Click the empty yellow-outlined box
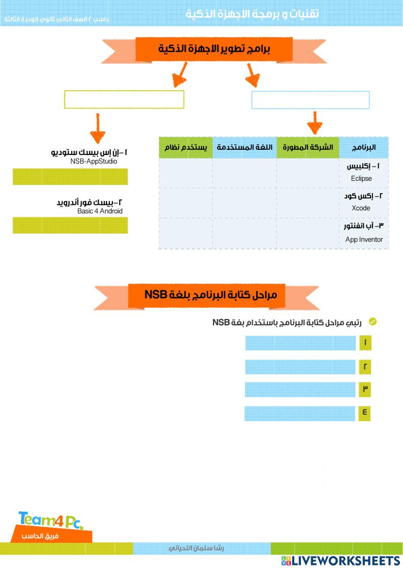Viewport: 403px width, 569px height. (x=124, y=99)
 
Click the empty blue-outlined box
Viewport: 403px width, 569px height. (x=310, y=100)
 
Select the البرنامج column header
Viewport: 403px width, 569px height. (x=364, y=147)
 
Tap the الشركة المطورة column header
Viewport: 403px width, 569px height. (x=308, y=147)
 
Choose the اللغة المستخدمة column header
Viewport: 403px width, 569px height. (x=245, y=147)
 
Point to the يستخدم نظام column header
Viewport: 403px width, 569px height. (x=186, y=147)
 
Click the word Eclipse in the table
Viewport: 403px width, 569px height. (x=361, y=178)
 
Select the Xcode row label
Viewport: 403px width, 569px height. (x=361, y=208)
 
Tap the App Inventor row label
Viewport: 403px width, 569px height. (x=364, y=240)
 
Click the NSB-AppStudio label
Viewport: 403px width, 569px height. (x=93, y=161)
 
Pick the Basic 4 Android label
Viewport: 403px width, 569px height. (x=100, y=211)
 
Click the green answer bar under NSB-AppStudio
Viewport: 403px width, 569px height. (x=70, y=177)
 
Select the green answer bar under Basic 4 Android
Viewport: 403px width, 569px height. (x=70, y=226)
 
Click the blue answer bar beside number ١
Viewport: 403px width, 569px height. (x=301, y=343)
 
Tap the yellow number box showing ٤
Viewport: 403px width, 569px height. (x=364, y=413)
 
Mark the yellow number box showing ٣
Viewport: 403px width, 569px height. (x=365, y=389)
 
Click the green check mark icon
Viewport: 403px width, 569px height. (x=373, y=322)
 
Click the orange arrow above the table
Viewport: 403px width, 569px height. (x=315, y=123)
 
